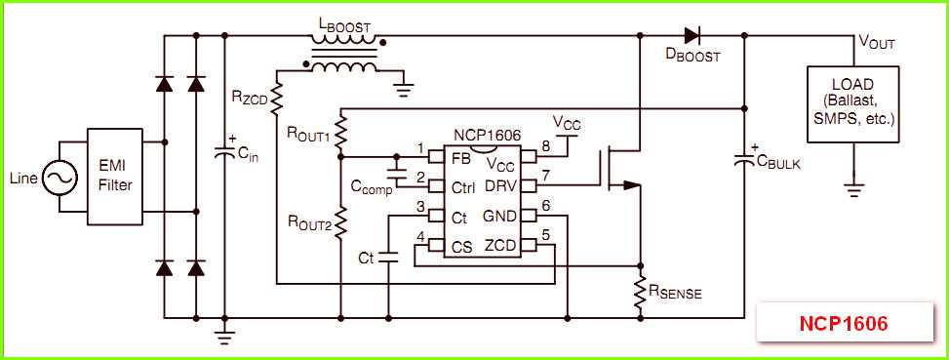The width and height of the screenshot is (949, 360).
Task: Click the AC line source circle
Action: pyautogui.click(x=58, y=178)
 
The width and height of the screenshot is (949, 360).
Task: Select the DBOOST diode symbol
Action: pyautogui.click(x=692, y=36)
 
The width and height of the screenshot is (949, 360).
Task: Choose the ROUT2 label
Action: pyautogui.click(x=308, y=223)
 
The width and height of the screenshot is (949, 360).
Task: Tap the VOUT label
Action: pyautogui.click(x=876, y=43)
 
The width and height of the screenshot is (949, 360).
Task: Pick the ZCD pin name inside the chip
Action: pyautogui.click(x=500, y=245)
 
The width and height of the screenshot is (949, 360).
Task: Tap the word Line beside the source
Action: pyautogui.click(x=23, y=179)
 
